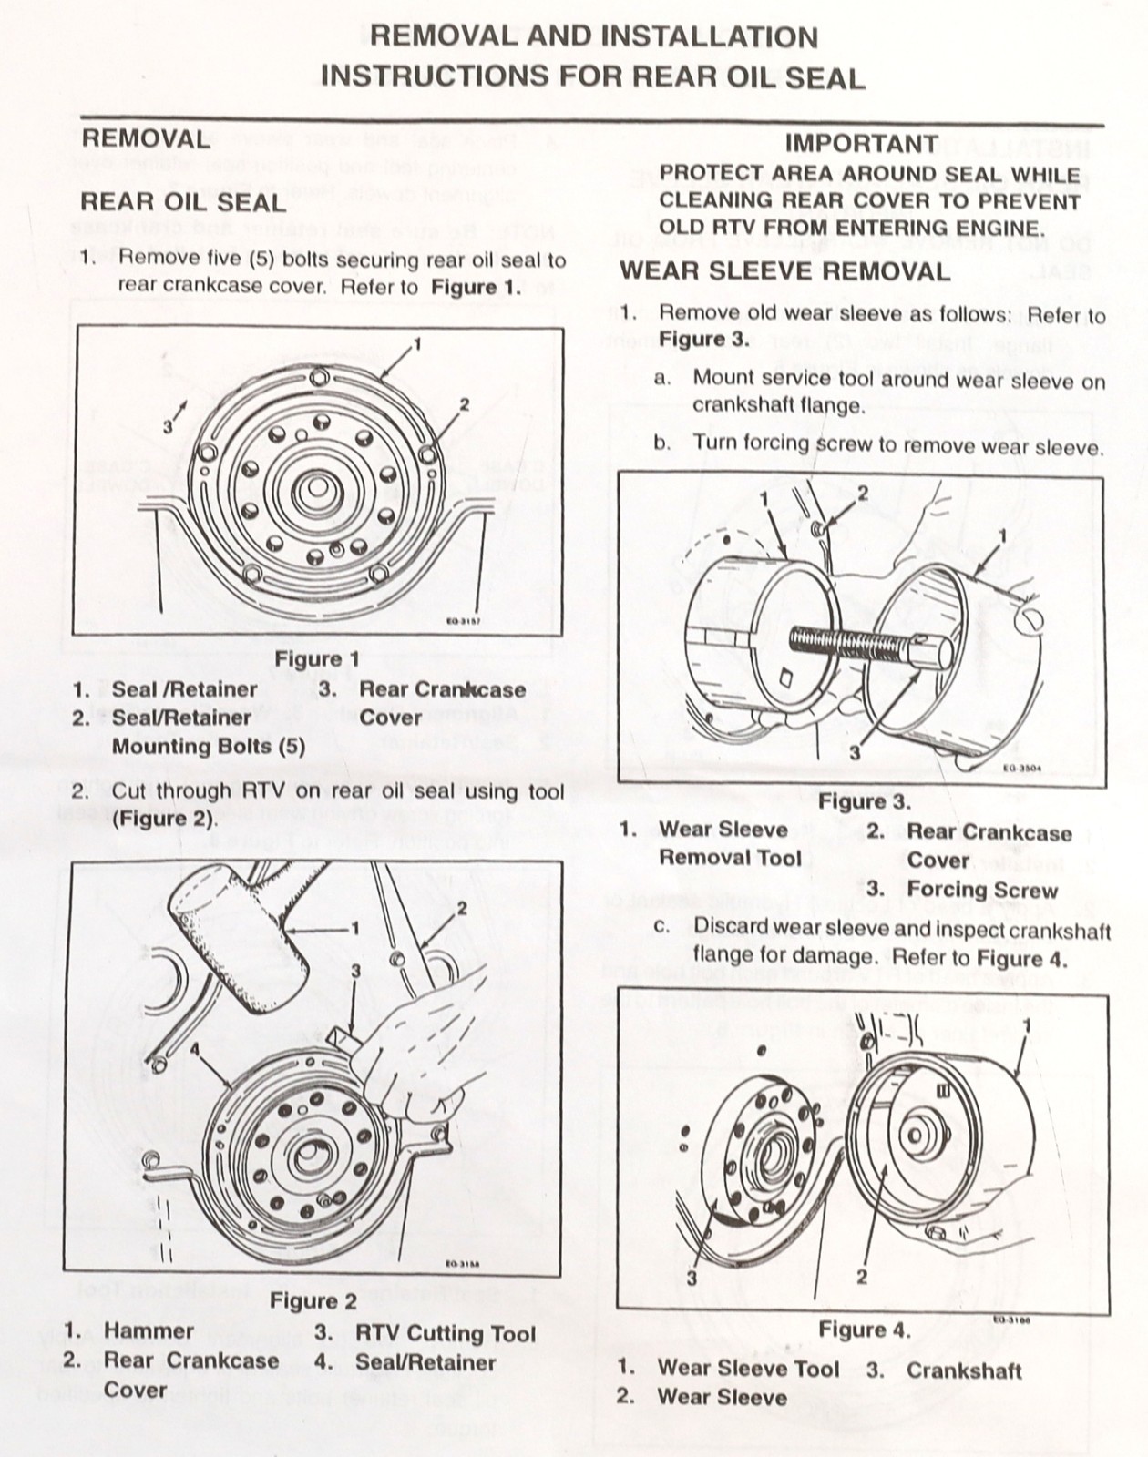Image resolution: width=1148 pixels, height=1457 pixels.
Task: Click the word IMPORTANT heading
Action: pyautogui.click(x=861, y=144)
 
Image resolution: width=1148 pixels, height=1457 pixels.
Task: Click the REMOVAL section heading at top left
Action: pyautogui.click(x=146, y=139)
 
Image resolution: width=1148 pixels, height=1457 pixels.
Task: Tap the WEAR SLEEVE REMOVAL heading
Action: pyautogui.click(x=784, y=271)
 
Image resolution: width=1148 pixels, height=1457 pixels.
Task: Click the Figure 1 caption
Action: pyautogui.click(x=317, y=658)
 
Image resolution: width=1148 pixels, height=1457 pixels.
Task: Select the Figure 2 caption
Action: pyautogui.click(x=313, y=1301)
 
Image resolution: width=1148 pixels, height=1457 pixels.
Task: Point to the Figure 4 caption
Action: pyautogui.click(x=864, y=1330)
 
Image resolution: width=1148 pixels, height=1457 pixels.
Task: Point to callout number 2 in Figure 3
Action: pyautogui.click(x=862, y=493)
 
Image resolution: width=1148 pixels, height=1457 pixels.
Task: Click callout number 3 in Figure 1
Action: pyautogui.click(x=168, y=425)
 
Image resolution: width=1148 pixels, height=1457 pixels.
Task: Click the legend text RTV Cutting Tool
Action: pyautogui.click(x=445, y=1334)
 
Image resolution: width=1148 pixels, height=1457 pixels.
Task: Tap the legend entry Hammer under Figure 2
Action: pyautogui.click(x=149, y=1330)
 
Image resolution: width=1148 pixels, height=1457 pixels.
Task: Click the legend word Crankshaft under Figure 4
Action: pyautogui.click(x=963, y=1370)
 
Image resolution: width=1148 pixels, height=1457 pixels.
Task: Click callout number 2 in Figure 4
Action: pyautogui.click(x=861, y=1276)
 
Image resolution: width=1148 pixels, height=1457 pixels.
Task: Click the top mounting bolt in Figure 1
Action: pyautogui.click(x=318, y=376)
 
